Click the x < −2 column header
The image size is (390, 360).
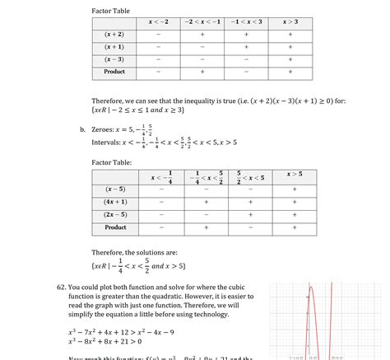click(x=158, y=22)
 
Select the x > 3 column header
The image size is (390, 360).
click(x=290, y=22)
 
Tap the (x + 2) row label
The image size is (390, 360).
click(x=114, y=35)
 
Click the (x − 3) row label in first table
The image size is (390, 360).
click(x=114, y=59)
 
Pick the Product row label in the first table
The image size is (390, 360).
click(x=114, y=72)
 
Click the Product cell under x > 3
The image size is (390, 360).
click(x=290, y=72)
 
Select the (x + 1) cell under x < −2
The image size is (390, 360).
click(x=158, y=47)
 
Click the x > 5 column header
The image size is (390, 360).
click(x=295, y=175)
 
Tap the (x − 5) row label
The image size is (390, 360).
click(x=115, y=189)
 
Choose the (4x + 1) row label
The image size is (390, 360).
click(x=115, y=202)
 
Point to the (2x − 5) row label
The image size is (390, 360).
click(x=115, y=214)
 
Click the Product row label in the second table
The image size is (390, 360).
click(x=115, y=227)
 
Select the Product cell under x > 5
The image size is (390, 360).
click(x=295, y=227)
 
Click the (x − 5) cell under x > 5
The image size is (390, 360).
click(x=295, y=189)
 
